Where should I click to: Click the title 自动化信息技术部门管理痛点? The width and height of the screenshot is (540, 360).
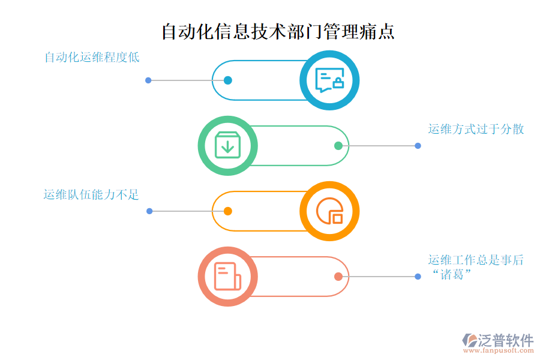[x=278, y=32]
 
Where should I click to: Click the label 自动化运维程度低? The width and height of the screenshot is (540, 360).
[x=92, y=58]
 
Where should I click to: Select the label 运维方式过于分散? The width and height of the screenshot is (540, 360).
[x=476, y=129]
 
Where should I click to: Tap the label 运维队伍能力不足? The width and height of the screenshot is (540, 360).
[x=91, y=194]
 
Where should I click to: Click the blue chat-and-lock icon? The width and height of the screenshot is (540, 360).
[x=329, y=80]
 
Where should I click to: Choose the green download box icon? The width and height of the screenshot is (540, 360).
[x=228, y=146]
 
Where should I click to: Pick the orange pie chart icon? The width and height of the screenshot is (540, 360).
[x=329, y=211]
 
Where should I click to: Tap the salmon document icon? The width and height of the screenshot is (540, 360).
[x=228, y=277]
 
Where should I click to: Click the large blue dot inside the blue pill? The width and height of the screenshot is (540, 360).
[x=227, y=80]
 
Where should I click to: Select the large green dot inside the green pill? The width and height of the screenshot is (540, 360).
[x=338, y=146]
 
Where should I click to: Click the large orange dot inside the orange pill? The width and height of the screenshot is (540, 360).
[x=228, y=211]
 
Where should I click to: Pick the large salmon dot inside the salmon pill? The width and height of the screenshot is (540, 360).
[x=338, y=277]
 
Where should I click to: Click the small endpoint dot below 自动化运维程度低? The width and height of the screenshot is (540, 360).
[x=148, y=80]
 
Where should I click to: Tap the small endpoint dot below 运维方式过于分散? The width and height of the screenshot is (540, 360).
[x=418, y=146]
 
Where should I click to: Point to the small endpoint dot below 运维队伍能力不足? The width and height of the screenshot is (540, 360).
[x=149, y=211]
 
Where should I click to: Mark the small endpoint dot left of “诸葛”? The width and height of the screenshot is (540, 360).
[x=418, y=277]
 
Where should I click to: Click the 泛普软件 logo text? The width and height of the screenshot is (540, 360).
[x=505, y=340]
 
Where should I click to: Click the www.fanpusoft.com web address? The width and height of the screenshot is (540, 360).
[x=498, y=352]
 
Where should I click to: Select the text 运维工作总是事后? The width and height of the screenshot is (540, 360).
[x=476, y=260]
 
